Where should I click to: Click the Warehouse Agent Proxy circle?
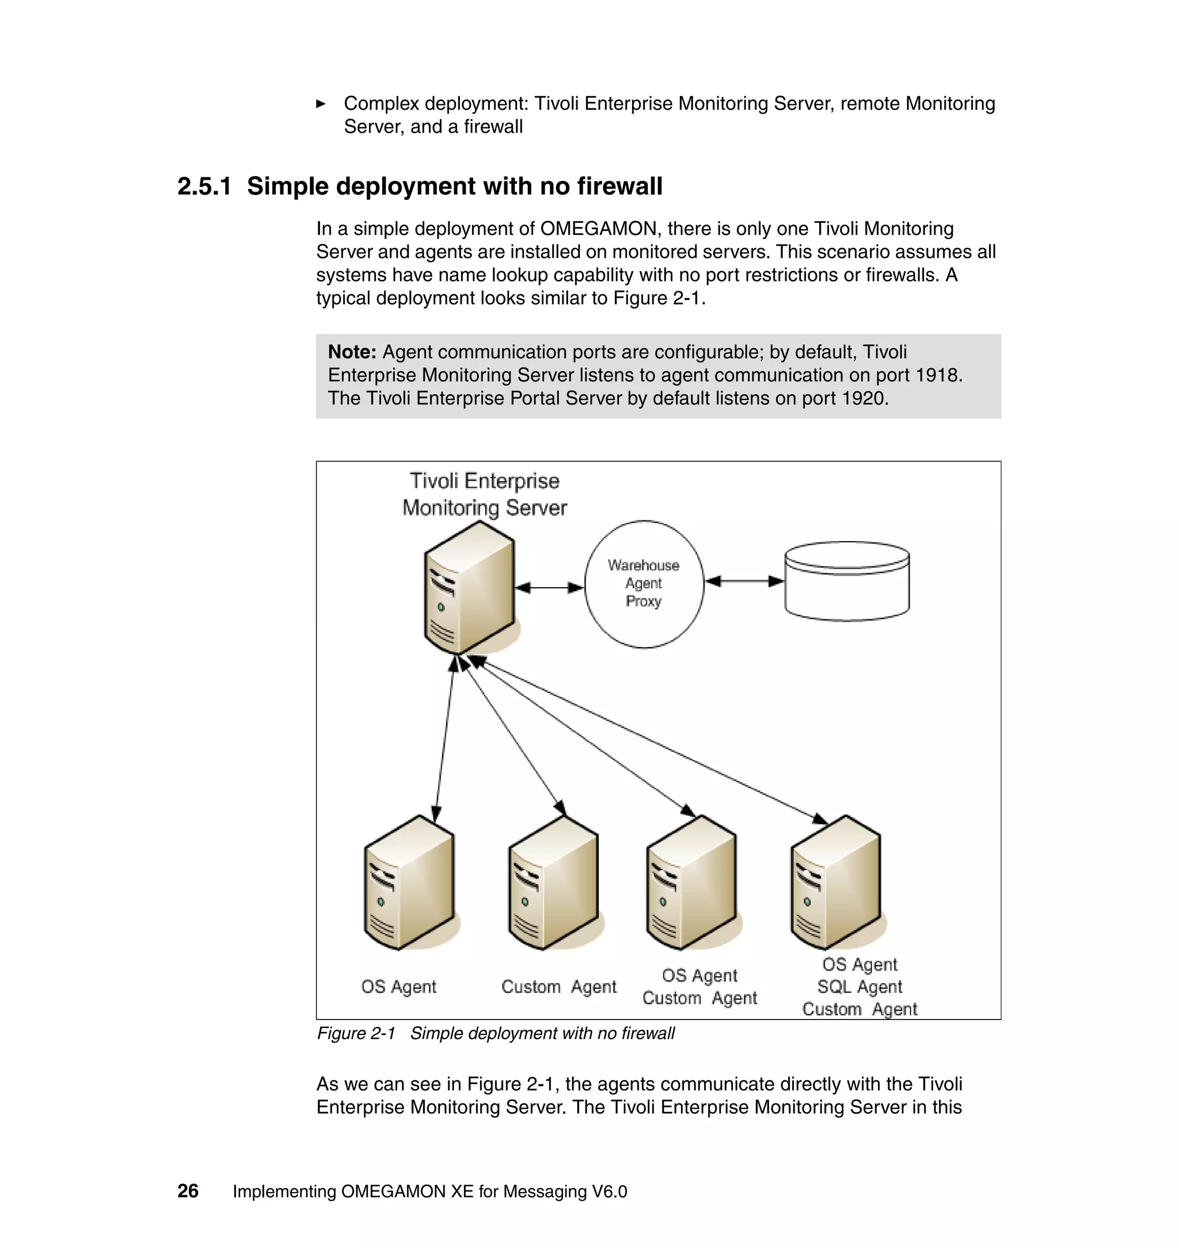[x=644, y=584]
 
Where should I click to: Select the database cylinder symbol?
[x=846, y=581]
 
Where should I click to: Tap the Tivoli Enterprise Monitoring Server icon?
[x=469, y=588]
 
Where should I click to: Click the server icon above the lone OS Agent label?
[x=409, y=883]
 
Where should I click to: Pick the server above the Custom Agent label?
[x=553, y=883]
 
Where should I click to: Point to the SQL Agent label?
[x=859, y=987]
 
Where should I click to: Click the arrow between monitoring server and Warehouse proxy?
[x=549, y=588]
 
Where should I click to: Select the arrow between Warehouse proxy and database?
[x=744, y=581]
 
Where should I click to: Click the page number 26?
[x=188, y=1191]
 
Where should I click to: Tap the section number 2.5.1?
[x=204, y=187]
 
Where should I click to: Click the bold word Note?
[x=352, y=352]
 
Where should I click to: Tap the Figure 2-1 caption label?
[x=356, y=1033]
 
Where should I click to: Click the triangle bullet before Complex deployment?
[x=321, y=104]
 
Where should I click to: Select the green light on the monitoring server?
[x=441, y=607]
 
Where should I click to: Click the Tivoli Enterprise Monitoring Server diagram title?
[x=485, y=494]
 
